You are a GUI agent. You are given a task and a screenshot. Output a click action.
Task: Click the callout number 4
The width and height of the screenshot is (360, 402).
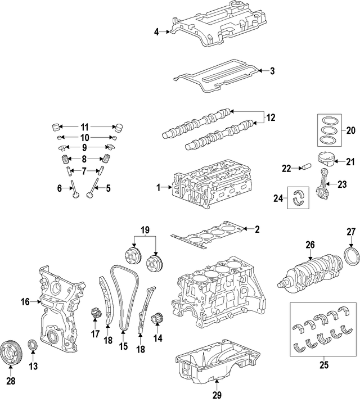tap(157, 32)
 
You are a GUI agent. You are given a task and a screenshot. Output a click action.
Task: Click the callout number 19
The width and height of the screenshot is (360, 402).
tap(145, 229)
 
